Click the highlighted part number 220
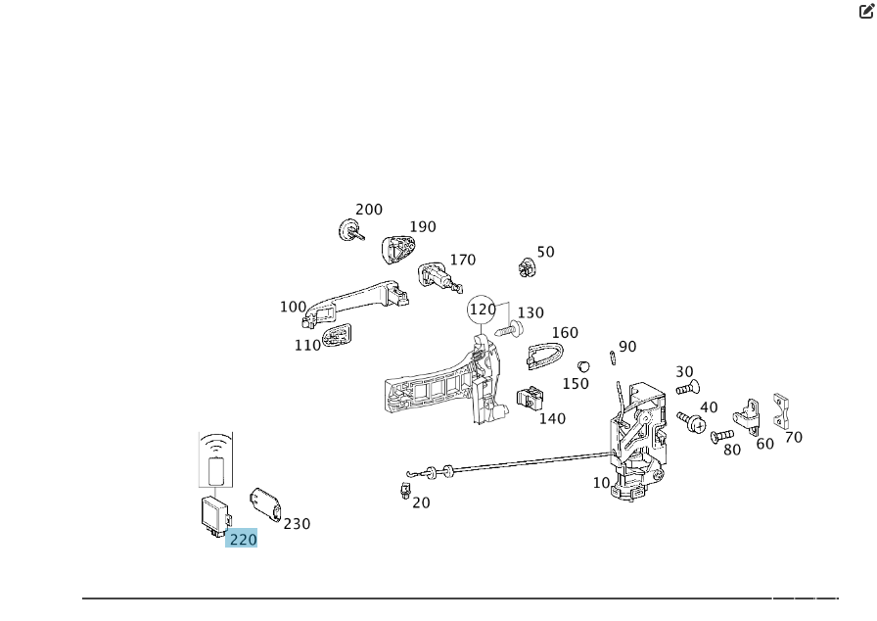click(242, 539)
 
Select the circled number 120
click(483, 310)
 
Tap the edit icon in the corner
click(866, 12)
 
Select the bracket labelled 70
click(780, 410)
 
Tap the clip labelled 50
click(528, 266)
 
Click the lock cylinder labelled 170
click(437, 276)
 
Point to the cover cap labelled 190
click(397, 249)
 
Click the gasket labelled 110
click(337, 338)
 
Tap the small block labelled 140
click(530, 400)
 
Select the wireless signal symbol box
click(216, 460)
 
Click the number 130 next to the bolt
click(531, 313)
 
